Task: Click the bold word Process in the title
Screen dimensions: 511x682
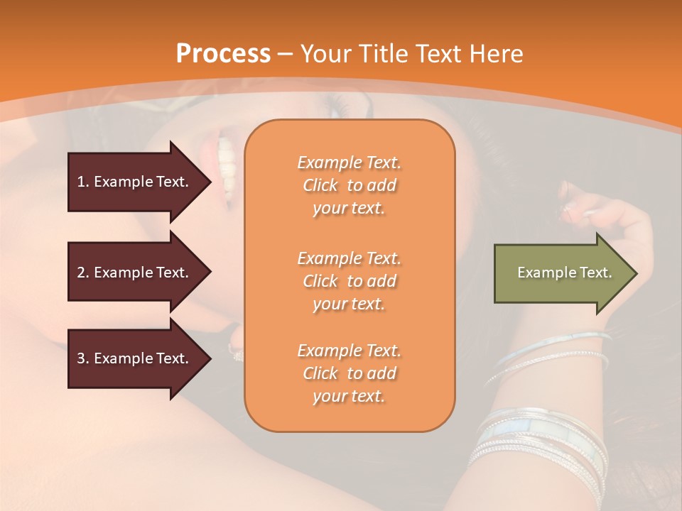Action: point(223,54)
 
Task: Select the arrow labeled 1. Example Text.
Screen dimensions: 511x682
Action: point(135,182)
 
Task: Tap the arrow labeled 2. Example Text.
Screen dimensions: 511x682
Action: point(135,273)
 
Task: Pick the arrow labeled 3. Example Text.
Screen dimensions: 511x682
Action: point(135,358)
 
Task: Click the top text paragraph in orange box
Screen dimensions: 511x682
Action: point(349,185)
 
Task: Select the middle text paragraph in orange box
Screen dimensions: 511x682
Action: point(349,281)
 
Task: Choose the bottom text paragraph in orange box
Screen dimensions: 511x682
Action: point(349,373)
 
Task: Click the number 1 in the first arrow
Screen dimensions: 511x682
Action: point(81,182)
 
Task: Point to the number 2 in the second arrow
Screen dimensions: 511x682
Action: point(81,273)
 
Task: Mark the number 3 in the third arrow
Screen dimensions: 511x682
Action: point(81,358)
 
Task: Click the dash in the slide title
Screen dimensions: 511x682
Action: point(285,54)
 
